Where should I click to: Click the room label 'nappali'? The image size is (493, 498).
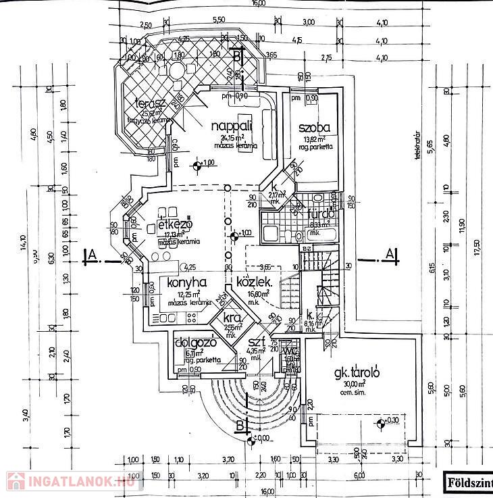point(232,126)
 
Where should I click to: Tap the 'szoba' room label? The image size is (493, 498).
point(315,127)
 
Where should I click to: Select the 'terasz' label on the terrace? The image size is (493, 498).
point(151,104)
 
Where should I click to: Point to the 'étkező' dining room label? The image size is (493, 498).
point(176,224)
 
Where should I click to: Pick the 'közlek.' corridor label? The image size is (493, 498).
point(254,283)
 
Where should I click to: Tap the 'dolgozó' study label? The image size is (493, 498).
point(194,342)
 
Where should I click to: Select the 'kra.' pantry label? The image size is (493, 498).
point(233,318)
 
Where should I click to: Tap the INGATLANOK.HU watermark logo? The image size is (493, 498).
point(71,480)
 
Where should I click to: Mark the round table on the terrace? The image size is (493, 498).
point(176,70)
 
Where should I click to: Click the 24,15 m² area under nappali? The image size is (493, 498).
point(231,138)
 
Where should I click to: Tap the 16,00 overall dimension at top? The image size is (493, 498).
point(259,3)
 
